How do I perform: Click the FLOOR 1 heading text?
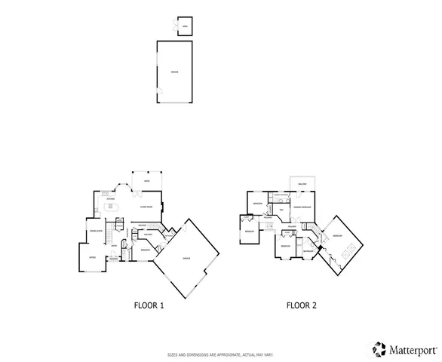148,305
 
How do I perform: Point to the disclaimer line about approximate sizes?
220,354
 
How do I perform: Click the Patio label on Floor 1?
147,182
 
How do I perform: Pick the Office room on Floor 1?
92,258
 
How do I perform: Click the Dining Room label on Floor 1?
96,231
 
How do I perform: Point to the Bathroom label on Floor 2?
308,251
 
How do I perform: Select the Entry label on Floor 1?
114,245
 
